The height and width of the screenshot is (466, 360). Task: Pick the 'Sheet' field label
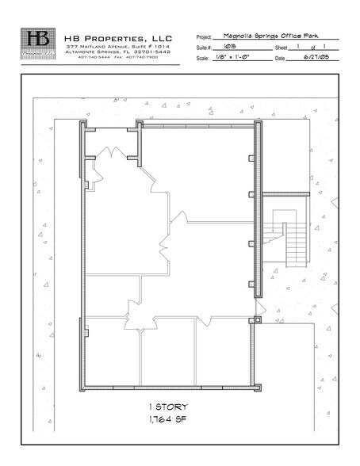tap(281, 48)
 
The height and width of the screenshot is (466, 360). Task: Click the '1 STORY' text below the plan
tap(169, 407)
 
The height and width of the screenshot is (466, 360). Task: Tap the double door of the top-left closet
tap(113, 152)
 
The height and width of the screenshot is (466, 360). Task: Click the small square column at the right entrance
tap(256, 320)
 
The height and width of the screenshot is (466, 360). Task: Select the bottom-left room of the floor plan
tap(111, 353)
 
